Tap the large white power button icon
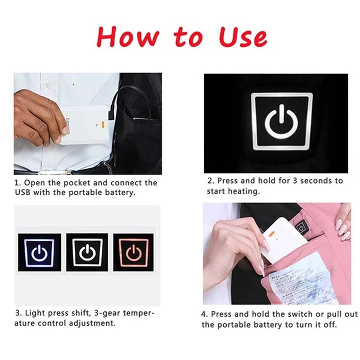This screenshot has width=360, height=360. coord(282,121)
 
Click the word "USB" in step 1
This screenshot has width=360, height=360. coord(24,192)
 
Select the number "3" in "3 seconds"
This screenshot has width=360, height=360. coord(295,180)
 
